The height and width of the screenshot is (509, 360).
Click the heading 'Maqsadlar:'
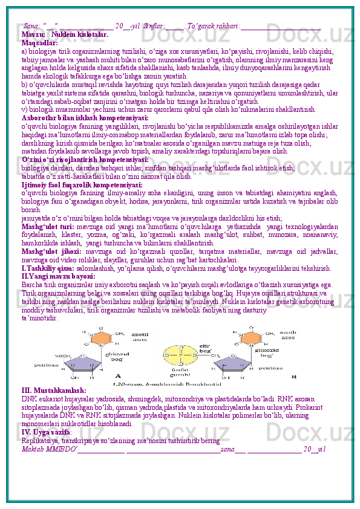click(x=39, y=42)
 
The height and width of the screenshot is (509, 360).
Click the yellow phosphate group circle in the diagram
click(x=182, y=350)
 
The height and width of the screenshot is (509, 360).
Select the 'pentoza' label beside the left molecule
click(x=47, y=365)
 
